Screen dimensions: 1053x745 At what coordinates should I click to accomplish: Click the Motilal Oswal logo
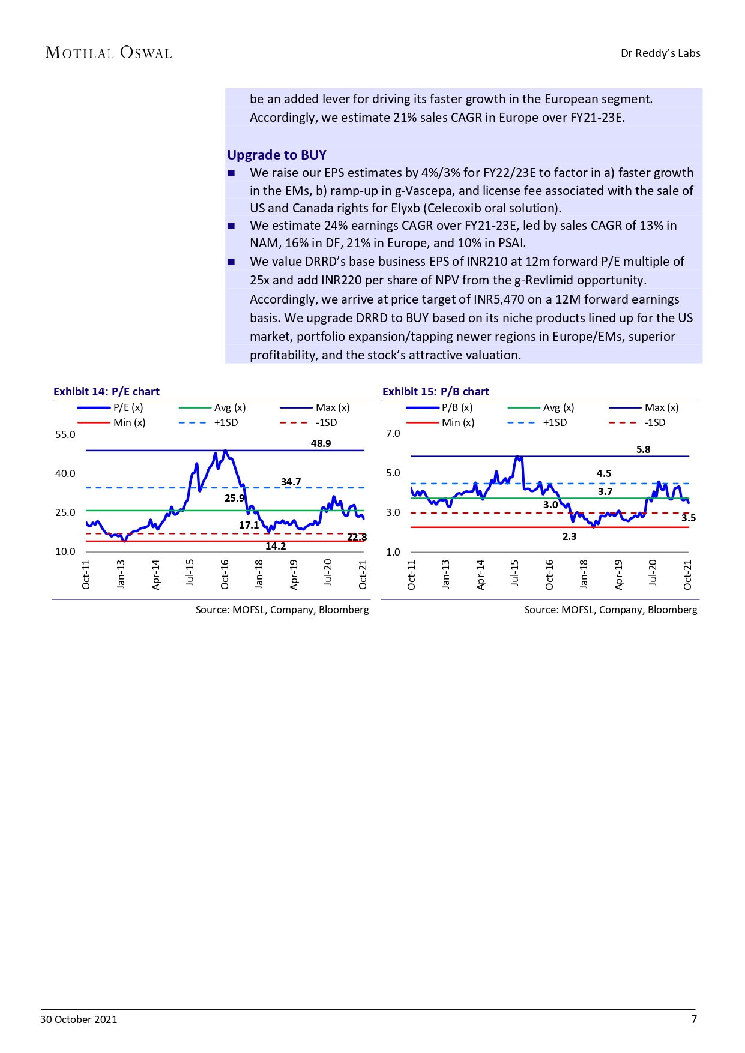tap(109, 53)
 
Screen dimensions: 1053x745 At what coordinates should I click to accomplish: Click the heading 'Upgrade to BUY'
tap(276, 155)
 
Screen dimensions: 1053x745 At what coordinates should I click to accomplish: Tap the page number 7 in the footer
tap(694, 1019)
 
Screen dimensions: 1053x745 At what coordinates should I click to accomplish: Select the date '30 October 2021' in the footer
tap(79, 1019)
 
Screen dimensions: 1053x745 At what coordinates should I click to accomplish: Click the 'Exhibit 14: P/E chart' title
tap(106, 392)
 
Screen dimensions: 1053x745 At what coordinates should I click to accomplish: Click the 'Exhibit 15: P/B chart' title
tap(435, 392)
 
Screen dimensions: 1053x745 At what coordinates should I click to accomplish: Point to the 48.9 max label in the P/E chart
tap(321, 443)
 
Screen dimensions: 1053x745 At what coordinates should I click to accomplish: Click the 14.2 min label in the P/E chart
tap(276, 546)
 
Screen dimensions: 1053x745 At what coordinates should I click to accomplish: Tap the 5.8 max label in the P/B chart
tap(643, 449)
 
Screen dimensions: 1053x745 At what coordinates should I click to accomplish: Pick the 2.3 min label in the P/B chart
tap(569, 536)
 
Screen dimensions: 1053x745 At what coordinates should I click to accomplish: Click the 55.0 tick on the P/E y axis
tap(65, 434)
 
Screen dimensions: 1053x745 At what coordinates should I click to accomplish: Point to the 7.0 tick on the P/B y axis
tap(393, 433)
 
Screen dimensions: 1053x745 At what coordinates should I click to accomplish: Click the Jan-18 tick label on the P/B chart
tap(584, 574)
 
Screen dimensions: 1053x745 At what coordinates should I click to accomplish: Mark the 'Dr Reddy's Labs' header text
tap(660, 53)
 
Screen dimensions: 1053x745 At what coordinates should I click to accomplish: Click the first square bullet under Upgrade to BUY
tap(231, 173)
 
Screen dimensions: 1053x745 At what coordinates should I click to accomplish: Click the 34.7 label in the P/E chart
tap(291, 482)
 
